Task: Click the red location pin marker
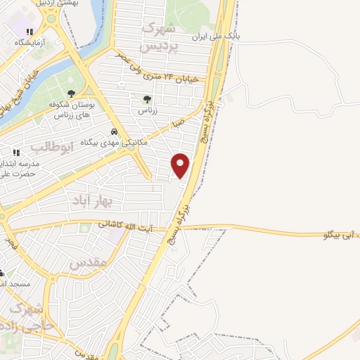pyautogui.click(x=181, y=165)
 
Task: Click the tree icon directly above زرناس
pyautogui.click(x=146, y=100)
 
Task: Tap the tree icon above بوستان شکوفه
pyautogui.click(x=70, y=94)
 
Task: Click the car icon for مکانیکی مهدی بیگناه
pyautogui.click(x=114, y=131)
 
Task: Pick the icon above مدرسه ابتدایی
pyautogui.click(x=15, y=152)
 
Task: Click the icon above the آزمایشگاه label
pyautogui.click(x=30, y=32)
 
